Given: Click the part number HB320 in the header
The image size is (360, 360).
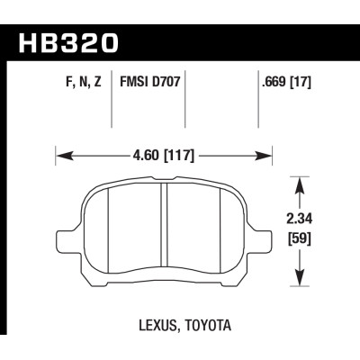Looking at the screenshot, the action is pyautogui.click(x=68, y=43).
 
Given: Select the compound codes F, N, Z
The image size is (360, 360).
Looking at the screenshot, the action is pyautogui.click(x=84, y=82).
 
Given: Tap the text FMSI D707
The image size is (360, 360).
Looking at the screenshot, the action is pyautogui.click(x=149, y=82).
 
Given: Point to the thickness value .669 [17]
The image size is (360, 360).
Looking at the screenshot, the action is pyautogui.click(x=286, y=82).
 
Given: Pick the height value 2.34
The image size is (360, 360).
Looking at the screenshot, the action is pyautogui.click(x=300, y=220).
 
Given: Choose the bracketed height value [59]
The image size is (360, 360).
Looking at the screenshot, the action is pyautogui.click(x=299, y=239).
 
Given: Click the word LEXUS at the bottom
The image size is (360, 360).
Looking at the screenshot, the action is pyautogui.click(x=159, y=326).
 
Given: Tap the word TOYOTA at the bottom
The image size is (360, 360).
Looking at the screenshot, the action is pyautogui.click(x=209, y=325).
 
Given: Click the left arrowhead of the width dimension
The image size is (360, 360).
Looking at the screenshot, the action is pyautogui.click(x=64, y=156).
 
